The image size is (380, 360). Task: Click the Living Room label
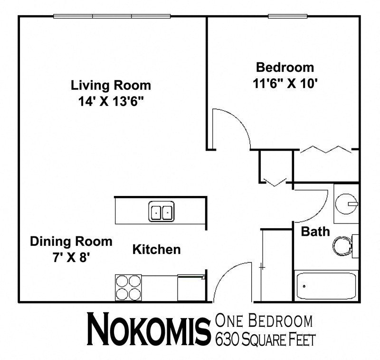click(x=111, y=86)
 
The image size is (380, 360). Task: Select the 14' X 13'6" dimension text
click(x=111, y=101)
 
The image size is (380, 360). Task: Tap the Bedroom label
click(x=285, y=67)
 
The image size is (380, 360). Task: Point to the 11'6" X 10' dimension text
click(x=285, y=83)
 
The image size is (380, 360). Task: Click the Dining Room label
click(x=71, y=241)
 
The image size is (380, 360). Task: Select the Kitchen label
click(x=156, y=249)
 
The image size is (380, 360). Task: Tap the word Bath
click(x=315, y=232)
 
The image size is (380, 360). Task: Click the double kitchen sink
click(x=161, y=211)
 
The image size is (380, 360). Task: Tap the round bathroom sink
click(x=345, y=204)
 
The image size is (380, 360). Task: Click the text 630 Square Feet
click(x=265, y=340)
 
